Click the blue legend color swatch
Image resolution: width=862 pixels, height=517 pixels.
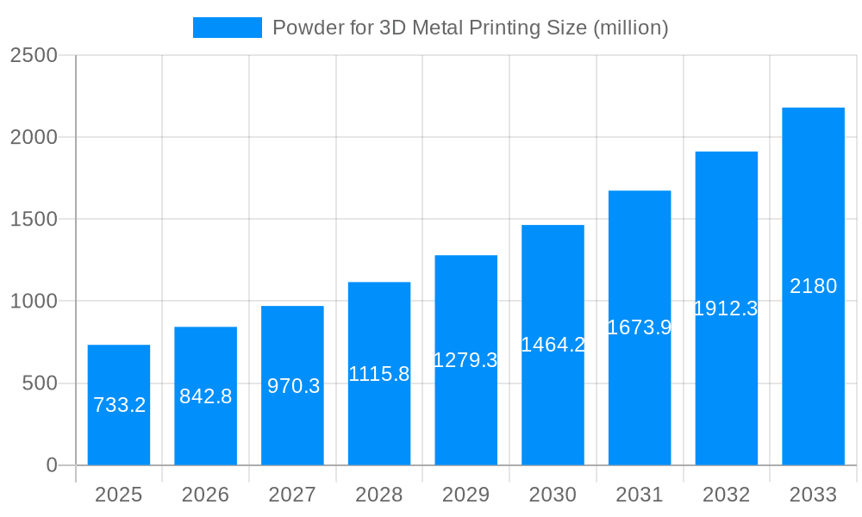click(227, 28)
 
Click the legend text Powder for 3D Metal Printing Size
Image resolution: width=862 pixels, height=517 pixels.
click(470, 28)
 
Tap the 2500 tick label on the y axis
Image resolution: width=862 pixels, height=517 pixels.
click(34, 56)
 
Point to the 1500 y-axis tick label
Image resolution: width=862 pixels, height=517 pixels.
click(34, 220)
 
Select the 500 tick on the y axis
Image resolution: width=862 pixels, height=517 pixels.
click(40, 383)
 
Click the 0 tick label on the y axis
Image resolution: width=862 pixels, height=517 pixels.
click(51, 465)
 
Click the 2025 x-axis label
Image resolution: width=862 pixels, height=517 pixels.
click(118, 495)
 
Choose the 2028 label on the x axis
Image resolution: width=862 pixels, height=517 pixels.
click(378, 495)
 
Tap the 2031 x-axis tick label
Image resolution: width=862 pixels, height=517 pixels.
click(639, 495)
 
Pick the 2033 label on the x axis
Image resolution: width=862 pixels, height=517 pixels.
click(813, 495)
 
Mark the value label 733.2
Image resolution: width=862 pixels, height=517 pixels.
click(119, 405)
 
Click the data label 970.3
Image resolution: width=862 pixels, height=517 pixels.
click(293, 386)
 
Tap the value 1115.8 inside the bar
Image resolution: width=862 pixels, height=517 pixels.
click(378, 374)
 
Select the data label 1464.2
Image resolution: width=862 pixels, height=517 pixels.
click(553, 345)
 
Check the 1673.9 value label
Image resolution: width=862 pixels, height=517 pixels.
click(639, 327)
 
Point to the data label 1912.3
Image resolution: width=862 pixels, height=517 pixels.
click(726, 308)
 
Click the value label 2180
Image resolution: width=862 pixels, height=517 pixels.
click(813, 286)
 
